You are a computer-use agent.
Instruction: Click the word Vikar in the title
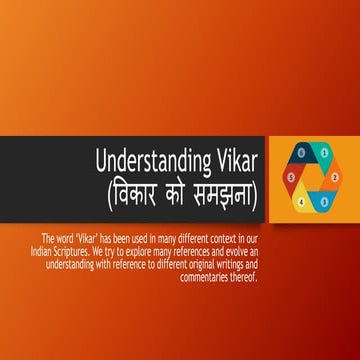click(231, 161)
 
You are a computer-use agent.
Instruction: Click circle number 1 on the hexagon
click(325, 153)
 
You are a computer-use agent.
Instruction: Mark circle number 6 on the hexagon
click(301, 153)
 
